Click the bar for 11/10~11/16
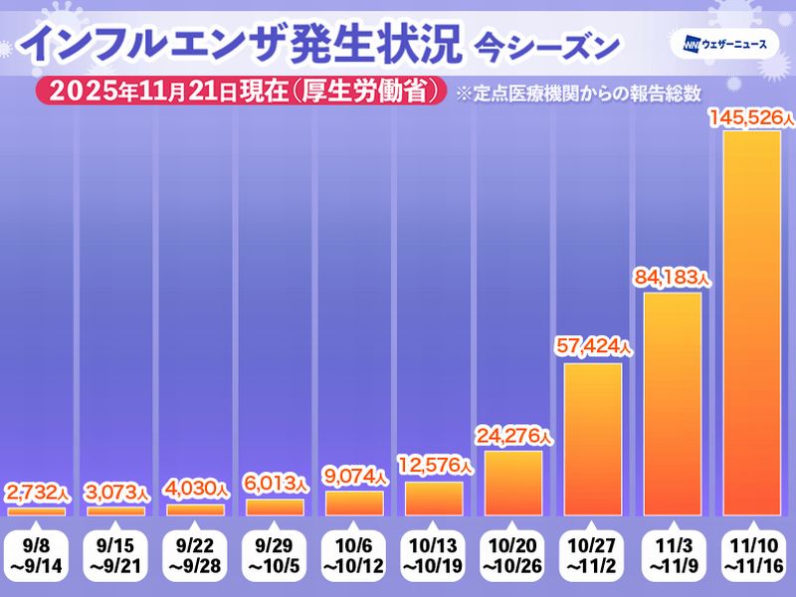coord(752,323)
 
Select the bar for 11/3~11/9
coord(673,403)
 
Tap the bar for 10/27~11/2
coord(593,439)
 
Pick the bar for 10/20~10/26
coord(513,483)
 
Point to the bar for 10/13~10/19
coord(434,498)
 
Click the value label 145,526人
coord(752,118)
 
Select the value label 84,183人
coord(673,279)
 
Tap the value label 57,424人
coord(593,349)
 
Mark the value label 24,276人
coord(513,437)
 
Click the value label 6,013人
coord(275,485)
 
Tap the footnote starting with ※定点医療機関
coord(578,93)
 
